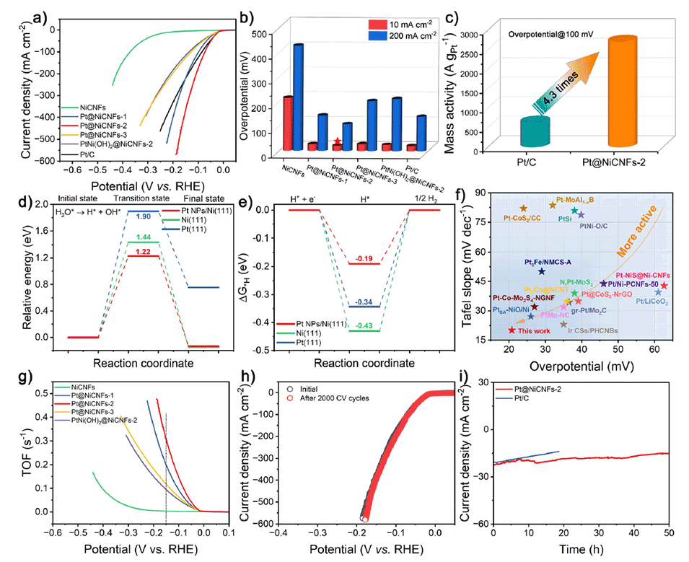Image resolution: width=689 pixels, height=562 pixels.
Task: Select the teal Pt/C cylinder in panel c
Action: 505,130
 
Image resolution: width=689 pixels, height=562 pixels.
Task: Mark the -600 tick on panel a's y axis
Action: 35,160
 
